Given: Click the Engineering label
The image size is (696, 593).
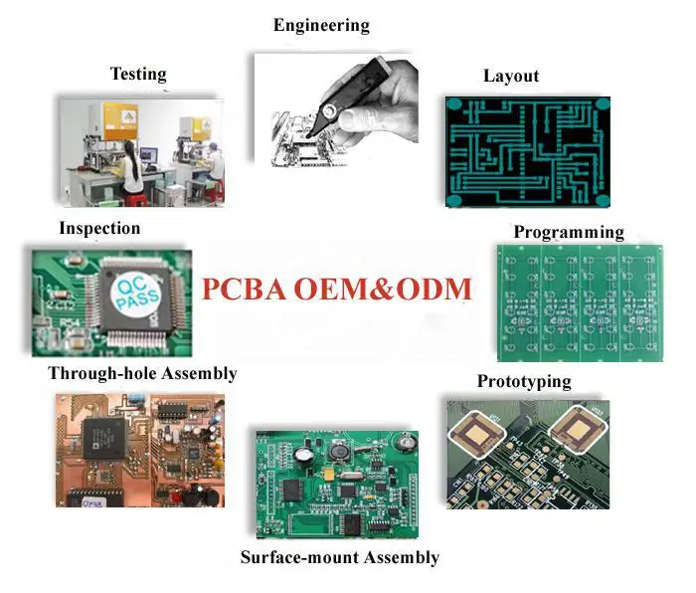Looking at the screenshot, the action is [x=321, y=26].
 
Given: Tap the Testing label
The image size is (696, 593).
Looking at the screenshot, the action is [x=138, y=74].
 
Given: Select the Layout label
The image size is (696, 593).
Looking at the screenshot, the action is [x=511, y=77].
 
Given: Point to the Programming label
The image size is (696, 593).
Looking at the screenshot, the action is [x=569, y=233].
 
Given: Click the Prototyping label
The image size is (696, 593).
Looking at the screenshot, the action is [x=524, y=382].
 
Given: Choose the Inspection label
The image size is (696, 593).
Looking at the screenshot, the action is [x=99, y=229].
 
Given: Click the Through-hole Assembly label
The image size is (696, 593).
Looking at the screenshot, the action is [x=142, y=374].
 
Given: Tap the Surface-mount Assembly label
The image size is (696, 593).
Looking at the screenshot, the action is [x=339, y=557].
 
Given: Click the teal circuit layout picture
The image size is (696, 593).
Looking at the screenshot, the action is [x=527, y=151].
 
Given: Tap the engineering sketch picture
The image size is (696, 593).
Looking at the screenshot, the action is [x=334, y=109].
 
